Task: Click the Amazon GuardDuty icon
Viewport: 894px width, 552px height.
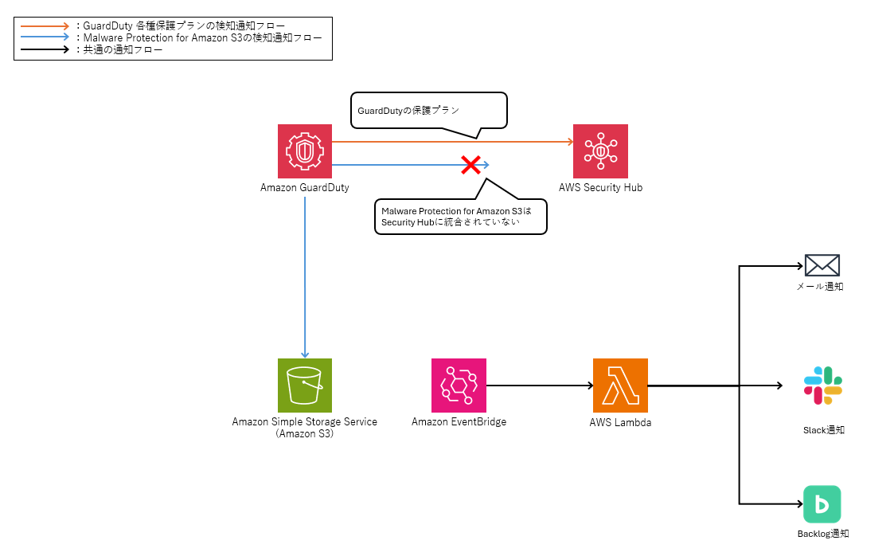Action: click(305, 151)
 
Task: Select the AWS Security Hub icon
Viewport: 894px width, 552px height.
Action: click(600, 151)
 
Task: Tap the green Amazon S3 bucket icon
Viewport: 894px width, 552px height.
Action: click(305, 385)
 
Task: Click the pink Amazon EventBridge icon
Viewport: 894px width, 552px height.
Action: click(459, 385)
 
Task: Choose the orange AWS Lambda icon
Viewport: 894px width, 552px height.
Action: click(620, 385)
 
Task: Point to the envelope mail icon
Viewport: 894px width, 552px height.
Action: click(822, 265)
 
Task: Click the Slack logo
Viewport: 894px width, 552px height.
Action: click(822, 386)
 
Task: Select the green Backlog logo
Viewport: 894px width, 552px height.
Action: click(822, 504)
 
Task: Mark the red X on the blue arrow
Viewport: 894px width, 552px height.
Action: click(470, 165)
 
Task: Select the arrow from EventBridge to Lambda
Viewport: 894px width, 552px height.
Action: click(539, 386)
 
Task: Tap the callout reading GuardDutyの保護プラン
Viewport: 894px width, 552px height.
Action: click(428, 111)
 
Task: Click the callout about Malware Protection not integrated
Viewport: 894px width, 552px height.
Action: click(460, 216)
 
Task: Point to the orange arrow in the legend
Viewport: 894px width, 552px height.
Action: click(45, 26)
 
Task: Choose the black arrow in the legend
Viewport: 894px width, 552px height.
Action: click(45, 49)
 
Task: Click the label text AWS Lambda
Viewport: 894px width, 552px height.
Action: click(620, 422)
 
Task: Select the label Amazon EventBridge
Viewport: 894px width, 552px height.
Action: click(459, 421)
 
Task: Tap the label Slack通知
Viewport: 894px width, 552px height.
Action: click(823, 430)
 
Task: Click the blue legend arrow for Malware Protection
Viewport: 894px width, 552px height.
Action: click(45, 37)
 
